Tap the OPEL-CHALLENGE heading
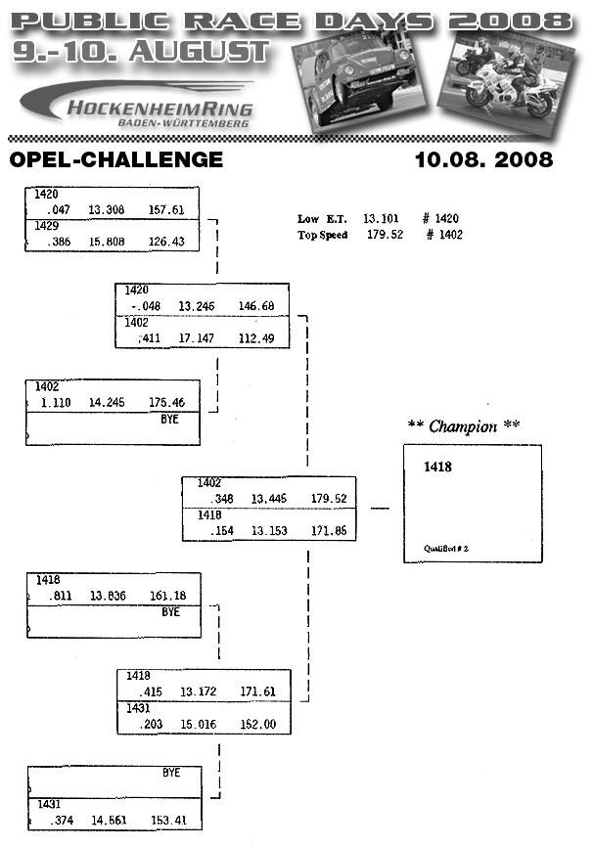coord(115,159)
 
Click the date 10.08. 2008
coord(483,159)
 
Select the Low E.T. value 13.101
coord(383,219)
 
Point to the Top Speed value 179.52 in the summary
coord(385,235)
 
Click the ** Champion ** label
coord(463,425)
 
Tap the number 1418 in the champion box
coord(438,468)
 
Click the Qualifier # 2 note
coord(447,550)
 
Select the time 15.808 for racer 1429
coord(107,241)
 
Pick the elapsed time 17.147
coord(197,338)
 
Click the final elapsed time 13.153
coord(269,531)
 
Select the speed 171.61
coord(257,691)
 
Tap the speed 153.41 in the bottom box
coord(170,820)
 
